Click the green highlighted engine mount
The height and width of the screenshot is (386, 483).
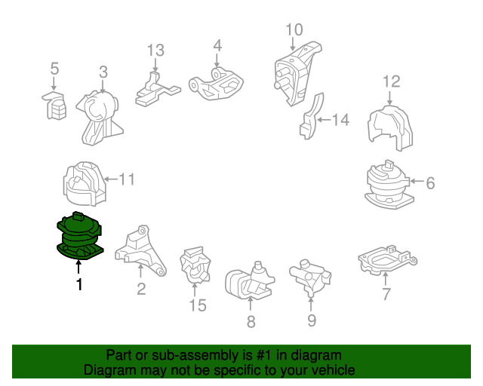79,236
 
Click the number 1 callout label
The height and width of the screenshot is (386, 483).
79,285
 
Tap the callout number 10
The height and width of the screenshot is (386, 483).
294,30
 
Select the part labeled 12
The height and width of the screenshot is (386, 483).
391,128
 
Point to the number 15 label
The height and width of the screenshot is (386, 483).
198,305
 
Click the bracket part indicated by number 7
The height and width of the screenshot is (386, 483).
387,259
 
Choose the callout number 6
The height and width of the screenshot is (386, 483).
430,183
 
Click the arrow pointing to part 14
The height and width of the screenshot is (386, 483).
324,119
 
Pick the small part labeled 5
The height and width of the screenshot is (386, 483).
54,106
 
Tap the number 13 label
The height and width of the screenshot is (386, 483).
155,51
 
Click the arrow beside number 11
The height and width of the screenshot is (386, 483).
111,179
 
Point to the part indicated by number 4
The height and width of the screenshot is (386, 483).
216,84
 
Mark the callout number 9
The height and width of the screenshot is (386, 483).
312,320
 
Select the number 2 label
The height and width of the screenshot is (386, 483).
141,289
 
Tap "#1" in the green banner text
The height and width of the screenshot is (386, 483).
264,355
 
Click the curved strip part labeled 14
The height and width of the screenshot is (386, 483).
311,116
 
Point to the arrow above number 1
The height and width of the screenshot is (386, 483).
78,267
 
